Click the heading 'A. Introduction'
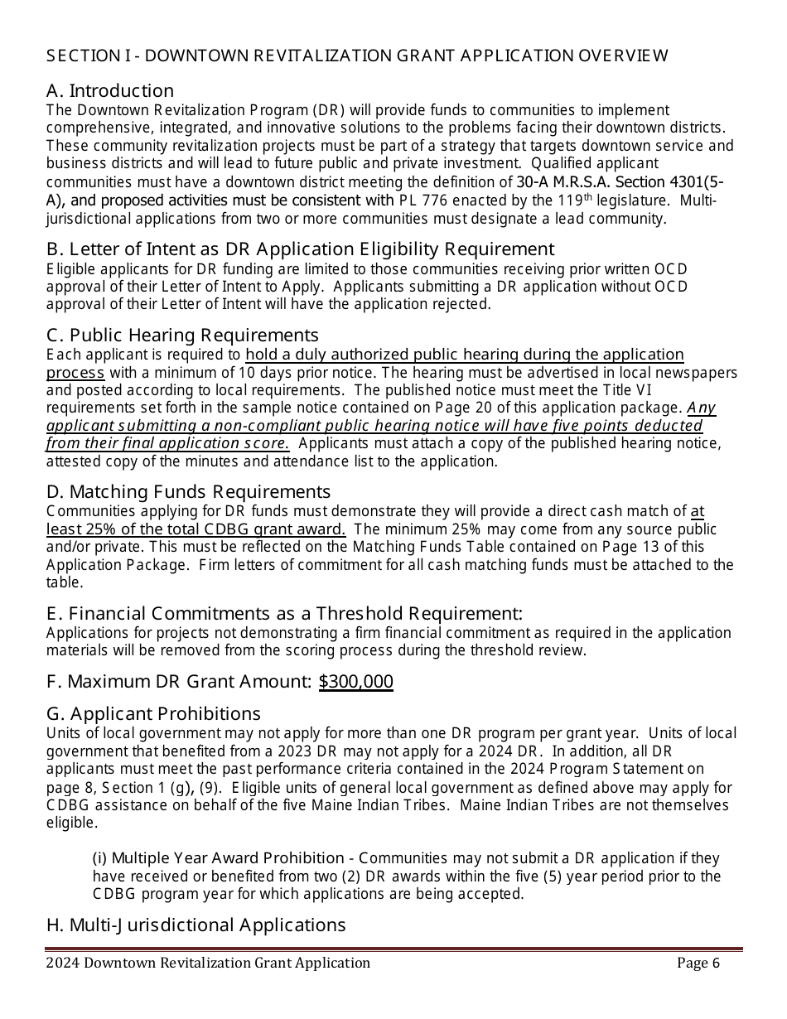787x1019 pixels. (110, 90)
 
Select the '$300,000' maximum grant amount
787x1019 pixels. (355, 682)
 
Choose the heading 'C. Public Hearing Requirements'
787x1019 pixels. (182, 335)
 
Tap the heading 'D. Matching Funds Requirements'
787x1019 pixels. (188, 492)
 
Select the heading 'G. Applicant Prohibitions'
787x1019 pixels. (153, 713)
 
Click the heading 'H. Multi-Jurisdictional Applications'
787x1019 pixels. (196, 925)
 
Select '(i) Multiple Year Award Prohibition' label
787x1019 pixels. (218, 858)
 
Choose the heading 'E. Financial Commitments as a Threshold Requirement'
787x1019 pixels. (284, 614)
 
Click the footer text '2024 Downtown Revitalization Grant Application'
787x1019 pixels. (208, 963)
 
